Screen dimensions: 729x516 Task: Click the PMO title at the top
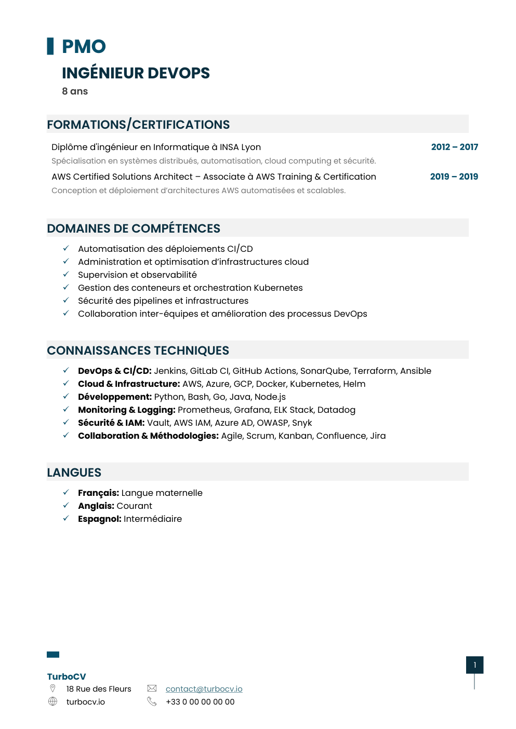pyautogui.click(x=84, y=47)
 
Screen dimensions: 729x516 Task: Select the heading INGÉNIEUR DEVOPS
pyautogui.click(x=136, y=73)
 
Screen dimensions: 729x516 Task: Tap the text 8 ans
pyautogui.click(x=75, y=91)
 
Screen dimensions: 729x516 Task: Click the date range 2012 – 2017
pyautogui.click(x=454, y=147)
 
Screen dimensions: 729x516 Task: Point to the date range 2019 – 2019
pyautogui.click(x=454, y=177)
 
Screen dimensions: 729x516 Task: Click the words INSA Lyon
pyautogui.click(x=240, y=147)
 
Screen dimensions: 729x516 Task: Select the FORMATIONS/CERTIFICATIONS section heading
pyautogui.click(x=138, y=125)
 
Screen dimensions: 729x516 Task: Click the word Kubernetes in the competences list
pyautogui.click(x=278, y=288)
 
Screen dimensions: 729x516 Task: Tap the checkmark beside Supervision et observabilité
pyautogui.click(x=66, y=274)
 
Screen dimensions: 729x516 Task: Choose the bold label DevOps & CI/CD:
pyautogui.click(x=114, y=371)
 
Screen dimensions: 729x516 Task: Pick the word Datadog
pyautogui.click(x=336, y=410)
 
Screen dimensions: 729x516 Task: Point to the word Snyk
pyautogui.click(x=302, y=423)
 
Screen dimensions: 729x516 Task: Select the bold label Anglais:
pyautogui.click(x=96, y=506)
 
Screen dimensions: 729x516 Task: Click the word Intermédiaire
pyautogui.click(x=153, y=519)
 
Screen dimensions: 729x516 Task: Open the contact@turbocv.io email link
pyautogui.click(x=204, y=689)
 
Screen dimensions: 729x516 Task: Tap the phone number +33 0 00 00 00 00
pyautogui.click(x=200, y=702)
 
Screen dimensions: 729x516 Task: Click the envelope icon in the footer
pyautogui.click(x=152, y=688)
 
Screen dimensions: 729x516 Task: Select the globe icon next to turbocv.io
pyautogui.click(x=52, y=701)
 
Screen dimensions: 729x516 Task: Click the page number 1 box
pyautogui.click(x=474, y=665)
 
